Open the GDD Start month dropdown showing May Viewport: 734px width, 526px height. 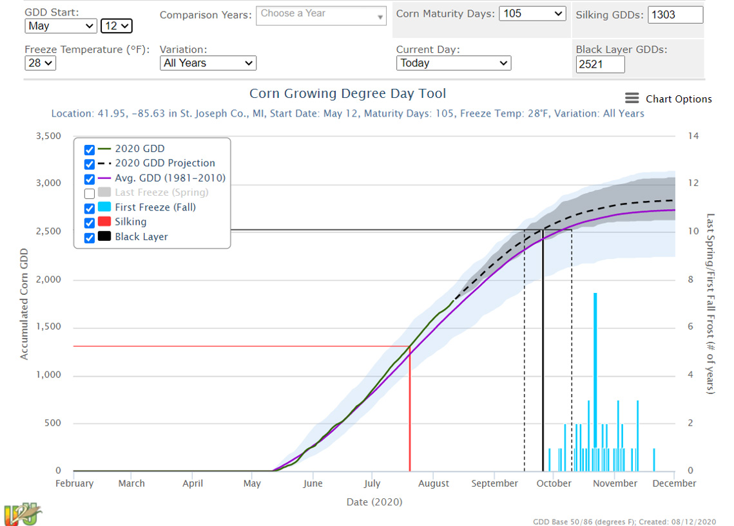point(61,26)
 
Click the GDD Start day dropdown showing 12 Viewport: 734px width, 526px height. point(117,26)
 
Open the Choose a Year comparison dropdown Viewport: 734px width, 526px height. point(321,15)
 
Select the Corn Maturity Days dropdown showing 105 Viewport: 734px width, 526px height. point(532,14)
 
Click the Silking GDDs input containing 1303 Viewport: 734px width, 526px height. point(675,15)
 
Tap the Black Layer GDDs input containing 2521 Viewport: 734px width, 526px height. point(600,64)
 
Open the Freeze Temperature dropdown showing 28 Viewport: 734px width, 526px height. point(41,63)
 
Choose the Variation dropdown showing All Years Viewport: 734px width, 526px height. point(208,63)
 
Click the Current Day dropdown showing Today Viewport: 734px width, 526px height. point(453,63)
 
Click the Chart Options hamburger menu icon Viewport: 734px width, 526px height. point(632,99)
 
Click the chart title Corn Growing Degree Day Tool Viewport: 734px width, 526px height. point(347,94)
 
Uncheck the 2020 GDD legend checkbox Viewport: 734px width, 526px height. point(90,149)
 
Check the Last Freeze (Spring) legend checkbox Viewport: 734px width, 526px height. point(90,193)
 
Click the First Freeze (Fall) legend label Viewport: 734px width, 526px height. point(155,207)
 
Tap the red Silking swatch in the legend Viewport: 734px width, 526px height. point(104,222)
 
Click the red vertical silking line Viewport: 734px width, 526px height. point(410,412)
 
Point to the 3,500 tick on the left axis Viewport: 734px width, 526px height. point(48,136)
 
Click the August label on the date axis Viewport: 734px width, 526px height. point(434,484)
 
